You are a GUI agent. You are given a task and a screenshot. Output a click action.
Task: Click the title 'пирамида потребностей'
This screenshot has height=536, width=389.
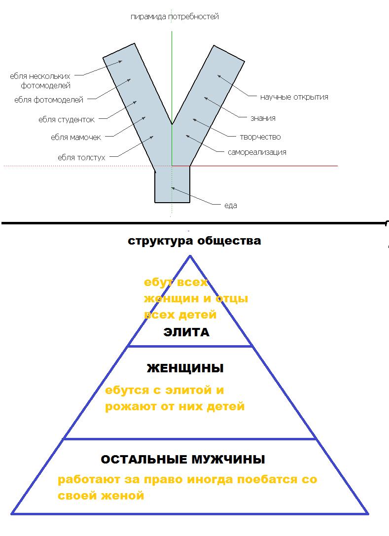point(175,17)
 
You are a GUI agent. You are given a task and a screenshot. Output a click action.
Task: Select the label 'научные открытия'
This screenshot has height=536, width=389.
point(294,98)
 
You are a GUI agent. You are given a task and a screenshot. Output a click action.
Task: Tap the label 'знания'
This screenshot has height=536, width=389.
point(263,118)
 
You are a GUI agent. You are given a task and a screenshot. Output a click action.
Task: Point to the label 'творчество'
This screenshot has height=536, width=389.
point(260,138)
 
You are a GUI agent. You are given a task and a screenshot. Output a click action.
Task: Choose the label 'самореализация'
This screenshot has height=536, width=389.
point(257,152)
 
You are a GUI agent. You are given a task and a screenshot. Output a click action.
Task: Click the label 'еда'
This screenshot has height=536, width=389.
point(231,206)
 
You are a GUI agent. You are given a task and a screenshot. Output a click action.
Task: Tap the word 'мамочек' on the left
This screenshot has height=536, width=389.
point(85,138)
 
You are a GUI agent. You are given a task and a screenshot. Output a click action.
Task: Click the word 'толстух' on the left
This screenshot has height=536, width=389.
point(91,158)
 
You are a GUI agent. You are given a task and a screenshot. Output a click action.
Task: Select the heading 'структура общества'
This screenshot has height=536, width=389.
point(194,241)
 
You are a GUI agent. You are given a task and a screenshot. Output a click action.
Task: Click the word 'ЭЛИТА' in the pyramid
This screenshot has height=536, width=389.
point(186,332)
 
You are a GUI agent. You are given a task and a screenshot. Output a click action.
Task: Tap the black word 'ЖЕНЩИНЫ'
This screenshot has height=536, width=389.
point(185,368)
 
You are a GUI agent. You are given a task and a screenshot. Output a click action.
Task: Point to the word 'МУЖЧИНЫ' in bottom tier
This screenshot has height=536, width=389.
point(228,459)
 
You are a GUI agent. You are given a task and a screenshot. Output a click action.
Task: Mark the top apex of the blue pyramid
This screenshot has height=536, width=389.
point(190,255)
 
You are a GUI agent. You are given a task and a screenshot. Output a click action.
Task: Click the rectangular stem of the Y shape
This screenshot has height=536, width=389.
point(172,184)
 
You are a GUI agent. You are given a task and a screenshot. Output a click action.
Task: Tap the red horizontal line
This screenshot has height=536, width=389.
point(255,166)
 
